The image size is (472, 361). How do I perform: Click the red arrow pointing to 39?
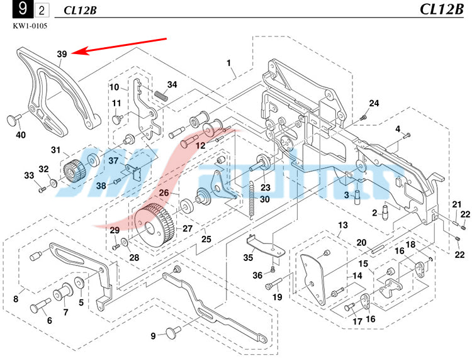coord(120,46)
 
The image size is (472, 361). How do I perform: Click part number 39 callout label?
coord(62,55)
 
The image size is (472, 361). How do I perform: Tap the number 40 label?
coord(21,135)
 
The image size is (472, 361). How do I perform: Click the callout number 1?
coord(229,63)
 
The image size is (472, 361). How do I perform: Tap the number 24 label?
coord(374,103)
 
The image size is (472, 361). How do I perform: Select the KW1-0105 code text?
coord(30,26)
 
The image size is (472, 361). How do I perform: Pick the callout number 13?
coord(342,225)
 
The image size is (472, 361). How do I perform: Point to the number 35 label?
coord(249,257)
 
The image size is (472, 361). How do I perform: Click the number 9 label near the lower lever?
coord(153,335)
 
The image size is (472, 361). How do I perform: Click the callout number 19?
coord(276,296)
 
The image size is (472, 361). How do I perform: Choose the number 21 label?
coord(457,204)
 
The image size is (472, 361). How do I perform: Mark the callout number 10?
coord(114,87)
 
